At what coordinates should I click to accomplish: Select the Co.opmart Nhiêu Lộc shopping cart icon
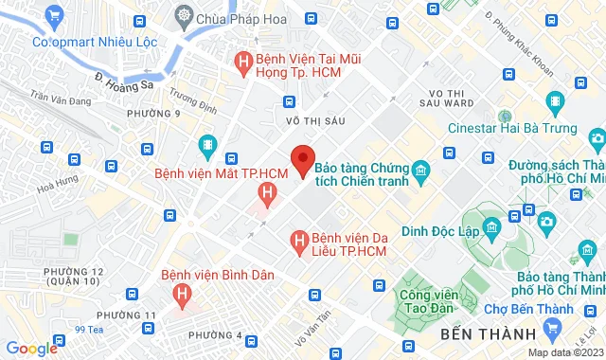coord(53,15)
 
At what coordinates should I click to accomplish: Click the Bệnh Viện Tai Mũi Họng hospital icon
coord(244,64)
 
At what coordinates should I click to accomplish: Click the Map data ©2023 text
coord(564,352)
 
